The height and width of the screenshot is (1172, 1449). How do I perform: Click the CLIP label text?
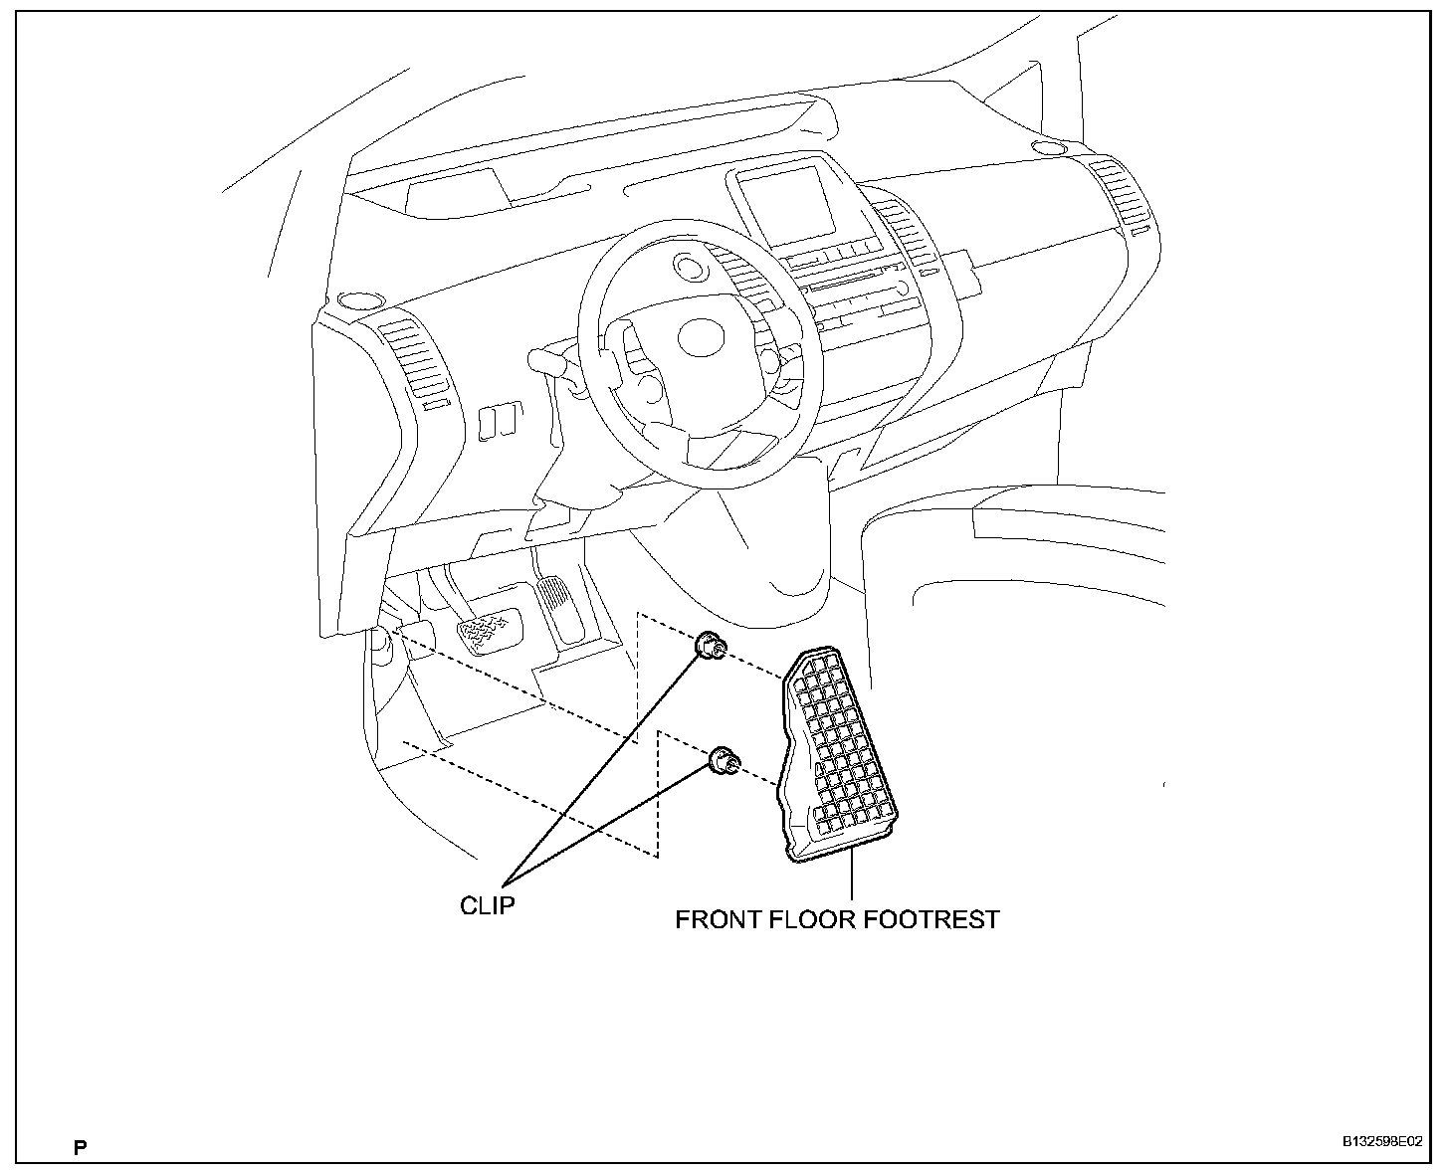coord(487,906)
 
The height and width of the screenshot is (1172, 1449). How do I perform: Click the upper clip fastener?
coord(709,647)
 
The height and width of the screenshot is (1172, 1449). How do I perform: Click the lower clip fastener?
coord(723,762)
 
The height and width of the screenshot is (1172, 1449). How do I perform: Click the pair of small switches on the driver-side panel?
coord(495,422)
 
